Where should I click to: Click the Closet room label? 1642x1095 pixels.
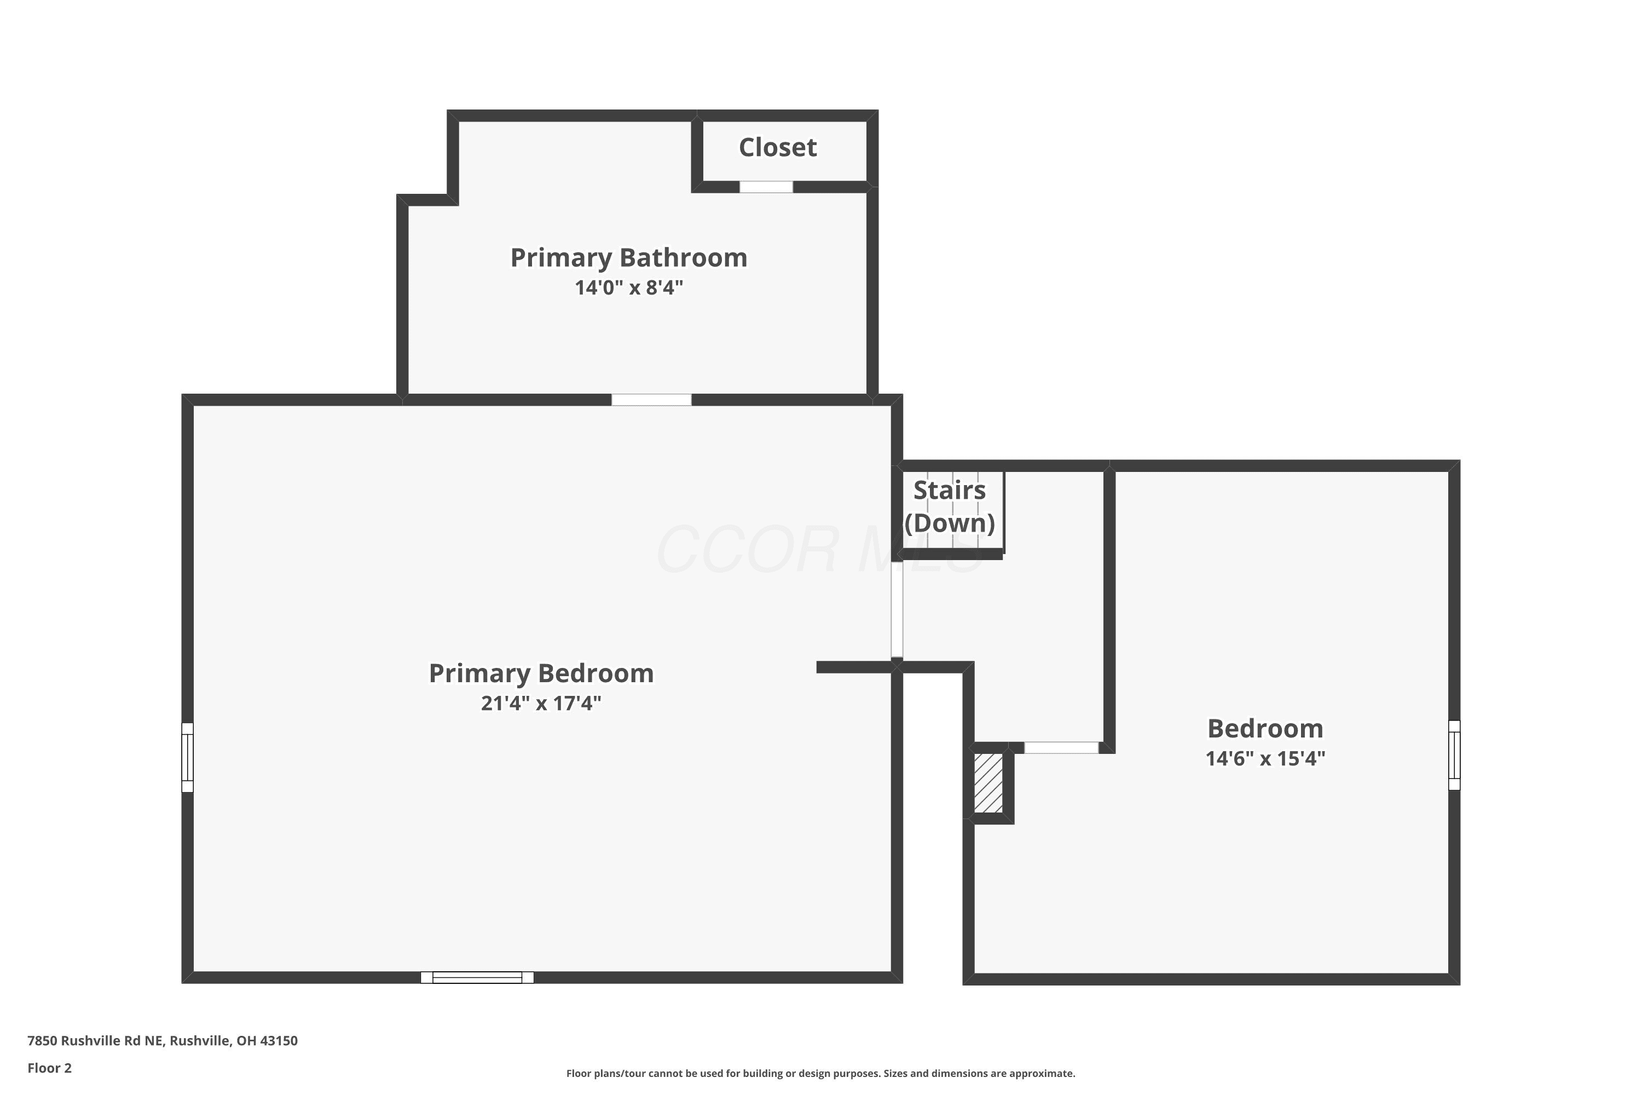pos(778,147)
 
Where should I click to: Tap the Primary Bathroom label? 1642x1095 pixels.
pos(629,258)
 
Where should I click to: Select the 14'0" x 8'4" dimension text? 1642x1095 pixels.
pos(629,288)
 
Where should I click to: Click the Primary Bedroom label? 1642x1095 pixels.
pos(541,673)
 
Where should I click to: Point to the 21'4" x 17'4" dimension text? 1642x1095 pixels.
pos(541,703)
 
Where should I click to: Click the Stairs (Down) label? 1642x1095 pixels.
pos(950,506)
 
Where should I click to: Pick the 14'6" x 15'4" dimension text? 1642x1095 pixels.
pos(1265,758)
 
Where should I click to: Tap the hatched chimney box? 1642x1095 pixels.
pos(988,782)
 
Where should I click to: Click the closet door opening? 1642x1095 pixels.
pos(766,187)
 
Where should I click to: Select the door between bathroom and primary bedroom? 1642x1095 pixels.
pos(651,400)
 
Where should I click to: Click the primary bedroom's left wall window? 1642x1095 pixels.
pos(187,758)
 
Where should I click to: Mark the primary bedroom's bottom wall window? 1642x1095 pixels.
pos(477,978)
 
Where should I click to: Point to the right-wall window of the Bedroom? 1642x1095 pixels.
pos(1454,755)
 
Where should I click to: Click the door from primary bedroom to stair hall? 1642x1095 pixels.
pos(897,610)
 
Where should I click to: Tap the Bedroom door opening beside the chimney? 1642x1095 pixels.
pos(1061,748)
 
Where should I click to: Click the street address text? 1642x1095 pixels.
pos(163,1041)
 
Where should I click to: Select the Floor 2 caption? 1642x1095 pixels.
pos(50,1068)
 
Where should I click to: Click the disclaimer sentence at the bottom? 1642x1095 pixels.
pos(821,1073)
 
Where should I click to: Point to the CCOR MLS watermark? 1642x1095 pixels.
pos(820,550)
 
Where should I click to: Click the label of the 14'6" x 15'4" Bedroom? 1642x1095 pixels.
pos(1265,728)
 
